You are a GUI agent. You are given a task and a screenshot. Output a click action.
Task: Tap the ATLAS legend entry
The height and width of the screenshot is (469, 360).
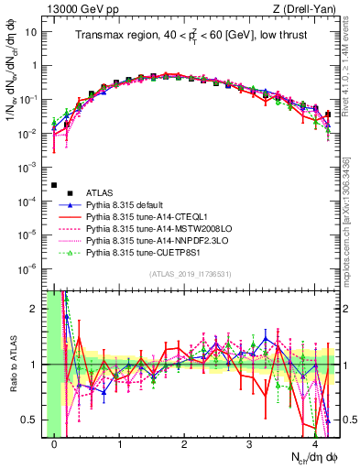pos(101,193)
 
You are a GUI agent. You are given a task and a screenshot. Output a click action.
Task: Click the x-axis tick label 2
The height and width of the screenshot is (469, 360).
pos(184,445)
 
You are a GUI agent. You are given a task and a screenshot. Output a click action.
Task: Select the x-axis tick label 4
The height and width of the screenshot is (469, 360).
pos(314,445)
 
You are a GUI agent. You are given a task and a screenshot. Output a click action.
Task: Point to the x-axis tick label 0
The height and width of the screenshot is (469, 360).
pos(55,445)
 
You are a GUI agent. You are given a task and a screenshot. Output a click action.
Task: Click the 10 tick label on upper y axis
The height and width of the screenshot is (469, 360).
pos(32,33)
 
